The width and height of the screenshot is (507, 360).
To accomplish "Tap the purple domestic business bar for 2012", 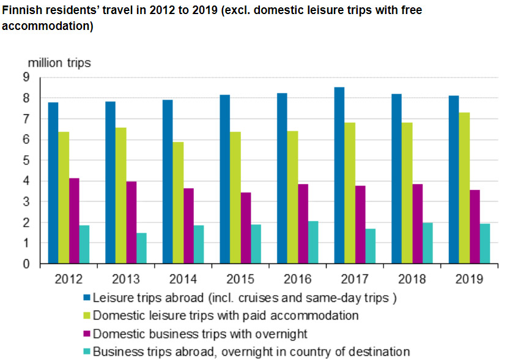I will tap(74, 221).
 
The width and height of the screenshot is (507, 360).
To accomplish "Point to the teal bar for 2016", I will tap(313, 242).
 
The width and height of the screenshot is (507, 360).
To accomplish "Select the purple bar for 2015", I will tap(245, 228).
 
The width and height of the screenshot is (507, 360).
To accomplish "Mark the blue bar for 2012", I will tap(53, 183).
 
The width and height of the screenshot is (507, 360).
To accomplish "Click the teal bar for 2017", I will tap(370, 246).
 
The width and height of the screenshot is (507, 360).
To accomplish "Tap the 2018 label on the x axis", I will tap(412, 279).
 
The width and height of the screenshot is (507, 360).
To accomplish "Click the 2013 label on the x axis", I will tap(125, 279).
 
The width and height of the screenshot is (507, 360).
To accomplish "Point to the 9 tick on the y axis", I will tap(26, 77).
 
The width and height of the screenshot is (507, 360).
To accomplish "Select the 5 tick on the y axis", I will tap(26, 160).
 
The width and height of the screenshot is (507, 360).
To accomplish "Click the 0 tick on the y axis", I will tap(26, 264).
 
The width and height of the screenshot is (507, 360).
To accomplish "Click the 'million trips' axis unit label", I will tap(59, 63).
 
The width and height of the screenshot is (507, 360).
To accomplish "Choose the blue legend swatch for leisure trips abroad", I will tap(86, 298).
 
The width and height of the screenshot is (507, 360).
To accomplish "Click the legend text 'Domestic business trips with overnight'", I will tap(200, 334).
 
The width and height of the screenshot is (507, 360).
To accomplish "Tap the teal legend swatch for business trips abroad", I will tap(86, 351).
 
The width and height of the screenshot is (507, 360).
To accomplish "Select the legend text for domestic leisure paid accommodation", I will tap(226, 316).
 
